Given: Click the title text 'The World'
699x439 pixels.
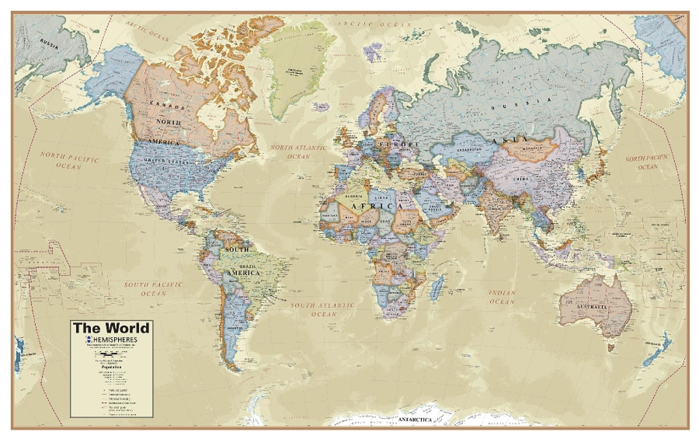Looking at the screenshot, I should coord(111,328).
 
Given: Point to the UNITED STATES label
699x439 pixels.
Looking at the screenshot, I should coord(165,161).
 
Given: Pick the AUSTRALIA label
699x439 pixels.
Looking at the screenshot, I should coord(591,307).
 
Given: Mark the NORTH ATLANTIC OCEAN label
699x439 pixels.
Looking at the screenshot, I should coord(298,151).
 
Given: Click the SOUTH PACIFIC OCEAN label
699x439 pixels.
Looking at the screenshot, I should coord(153,289).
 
